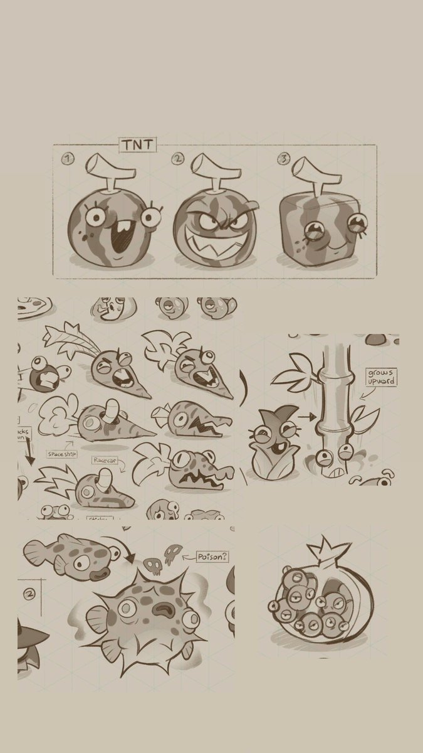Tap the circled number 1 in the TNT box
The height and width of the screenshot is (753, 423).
[68, 159]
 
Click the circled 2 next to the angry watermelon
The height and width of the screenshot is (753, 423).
[178, 159]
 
